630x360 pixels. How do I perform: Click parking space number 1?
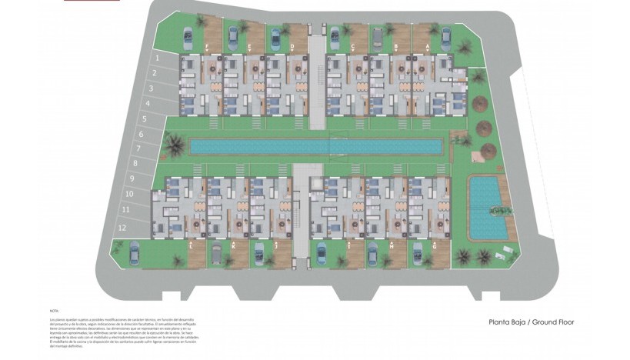157,57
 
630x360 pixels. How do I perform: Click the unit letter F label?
209,46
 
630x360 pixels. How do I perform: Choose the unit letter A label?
428,46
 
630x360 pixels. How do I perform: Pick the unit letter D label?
293,46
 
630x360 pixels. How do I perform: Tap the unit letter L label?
190,243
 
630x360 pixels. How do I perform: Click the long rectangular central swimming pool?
315,146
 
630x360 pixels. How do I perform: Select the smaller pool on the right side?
486,206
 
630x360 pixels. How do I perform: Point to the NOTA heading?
53,311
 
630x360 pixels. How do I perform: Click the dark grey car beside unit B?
378,38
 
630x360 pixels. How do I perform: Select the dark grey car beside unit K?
217,252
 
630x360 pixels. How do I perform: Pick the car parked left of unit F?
188,37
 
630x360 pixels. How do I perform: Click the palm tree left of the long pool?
175,143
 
